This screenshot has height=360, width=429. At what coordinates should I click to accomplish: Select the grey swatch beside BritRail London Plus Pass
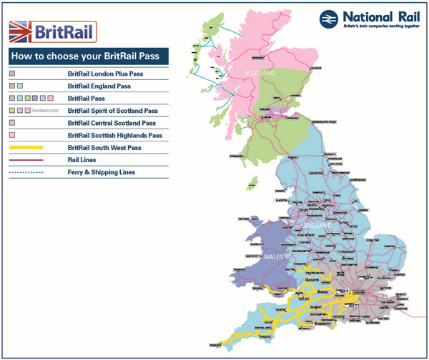pos(12,74)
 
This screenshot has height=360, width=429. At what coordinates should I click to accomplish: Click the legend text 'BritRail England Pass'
pos(99,86)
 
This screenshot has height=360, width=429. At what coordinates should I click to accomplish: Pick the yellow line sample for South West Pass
pos(26,147)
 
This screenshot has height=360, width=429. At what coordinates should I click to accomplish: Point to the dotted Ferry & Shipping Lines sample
pos(26,172)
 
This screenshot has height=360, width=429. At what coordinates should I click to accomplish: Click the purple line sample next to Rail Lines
pos(26,160)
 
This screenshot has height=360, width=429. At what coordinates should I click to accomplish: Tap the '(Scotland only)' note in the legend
pos(46,111)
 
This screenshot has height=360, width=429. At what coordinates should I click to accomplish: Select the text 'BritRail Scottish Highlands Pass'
pos(115,135)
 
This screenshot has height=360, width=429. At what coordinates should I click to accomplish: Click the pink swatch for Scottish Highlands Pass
pos(12,135)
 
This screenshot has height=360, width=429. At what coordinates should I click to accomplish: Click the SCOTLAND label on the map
pos(259,73)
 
